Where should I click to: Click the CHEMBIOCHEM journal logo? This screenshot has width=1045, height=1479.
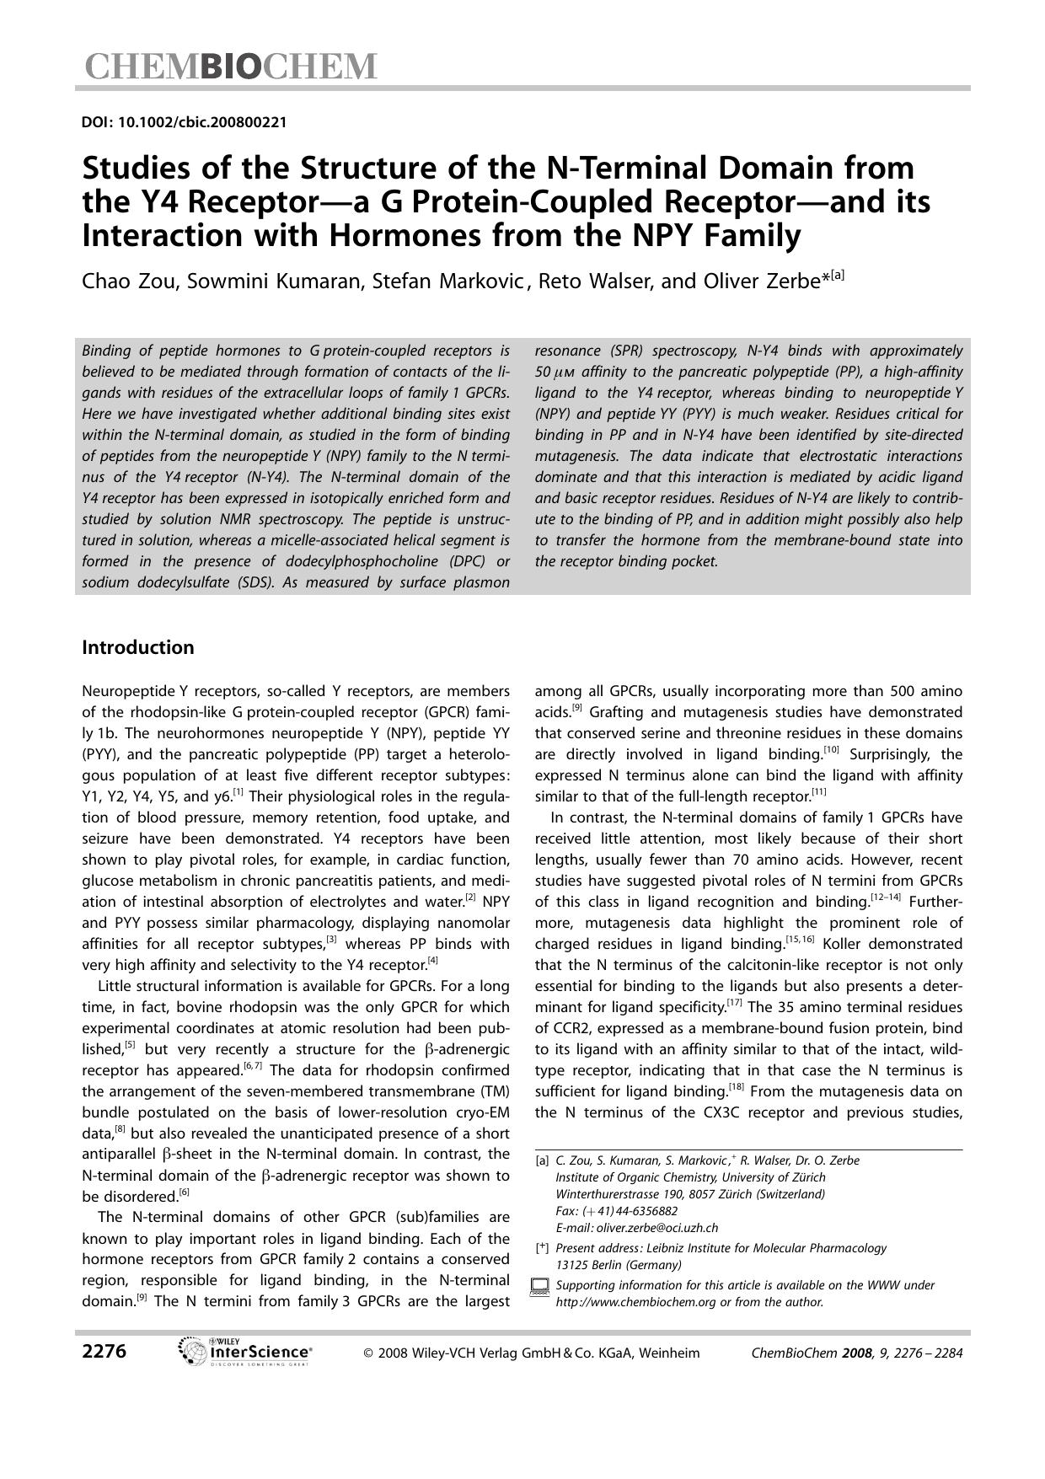coord(229,66)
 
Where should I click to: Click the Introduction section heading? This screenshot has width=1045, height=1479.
coord(137,647)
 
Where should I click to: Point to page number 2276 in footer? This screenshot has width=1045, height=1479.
coord(104,1352)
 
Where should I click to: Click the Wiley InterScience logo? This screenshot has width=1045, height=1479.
coord(246,1352)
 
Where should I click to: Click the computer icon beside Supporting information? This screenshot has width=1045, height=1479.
coord(539,1287)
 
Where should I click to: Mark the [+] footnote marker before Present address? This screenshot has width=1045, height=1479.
coord(542,1248)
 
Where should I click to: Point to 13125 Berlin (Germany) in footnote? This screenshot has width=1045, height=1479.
coord(619,1265)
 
